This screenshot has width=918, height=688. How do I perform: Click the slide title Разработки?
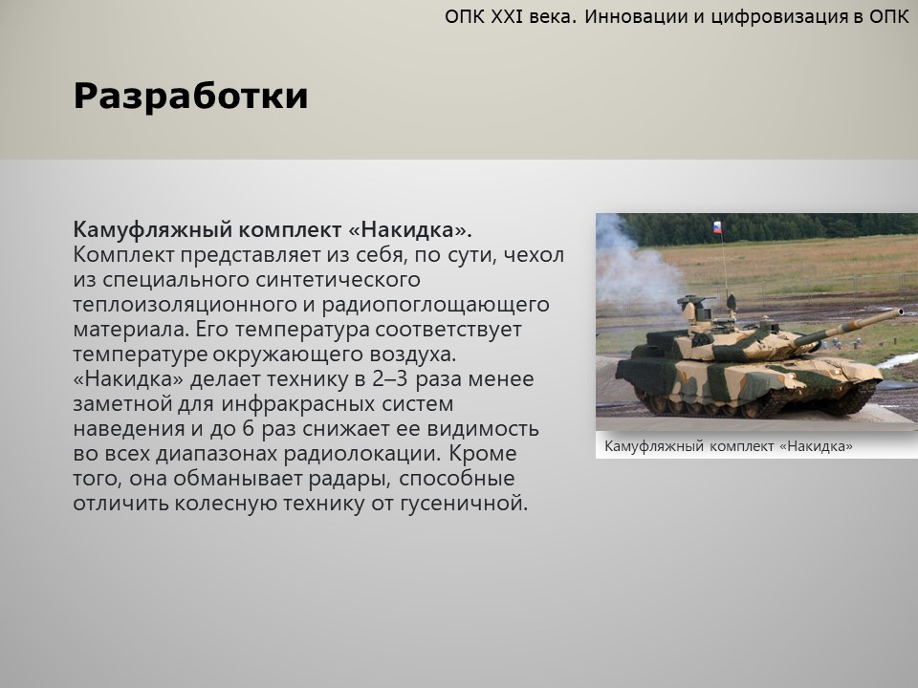tap(191, 96)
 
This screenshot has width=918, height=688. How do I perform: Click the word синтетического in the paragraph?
tap(338, 280)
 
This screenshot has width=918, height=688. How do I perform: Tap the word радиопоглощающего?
tap(435, 305)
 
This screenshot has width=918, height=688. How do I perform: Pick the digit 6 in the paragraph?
tap(249, 429)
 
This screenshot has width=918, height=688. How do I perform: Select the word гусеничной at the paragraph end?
tap(465, 504)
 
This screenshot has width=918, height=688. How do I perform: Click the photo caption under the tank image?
tap(729, 446)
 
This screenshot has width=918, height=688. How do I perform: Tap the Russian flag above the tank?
tap(717, 227)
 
